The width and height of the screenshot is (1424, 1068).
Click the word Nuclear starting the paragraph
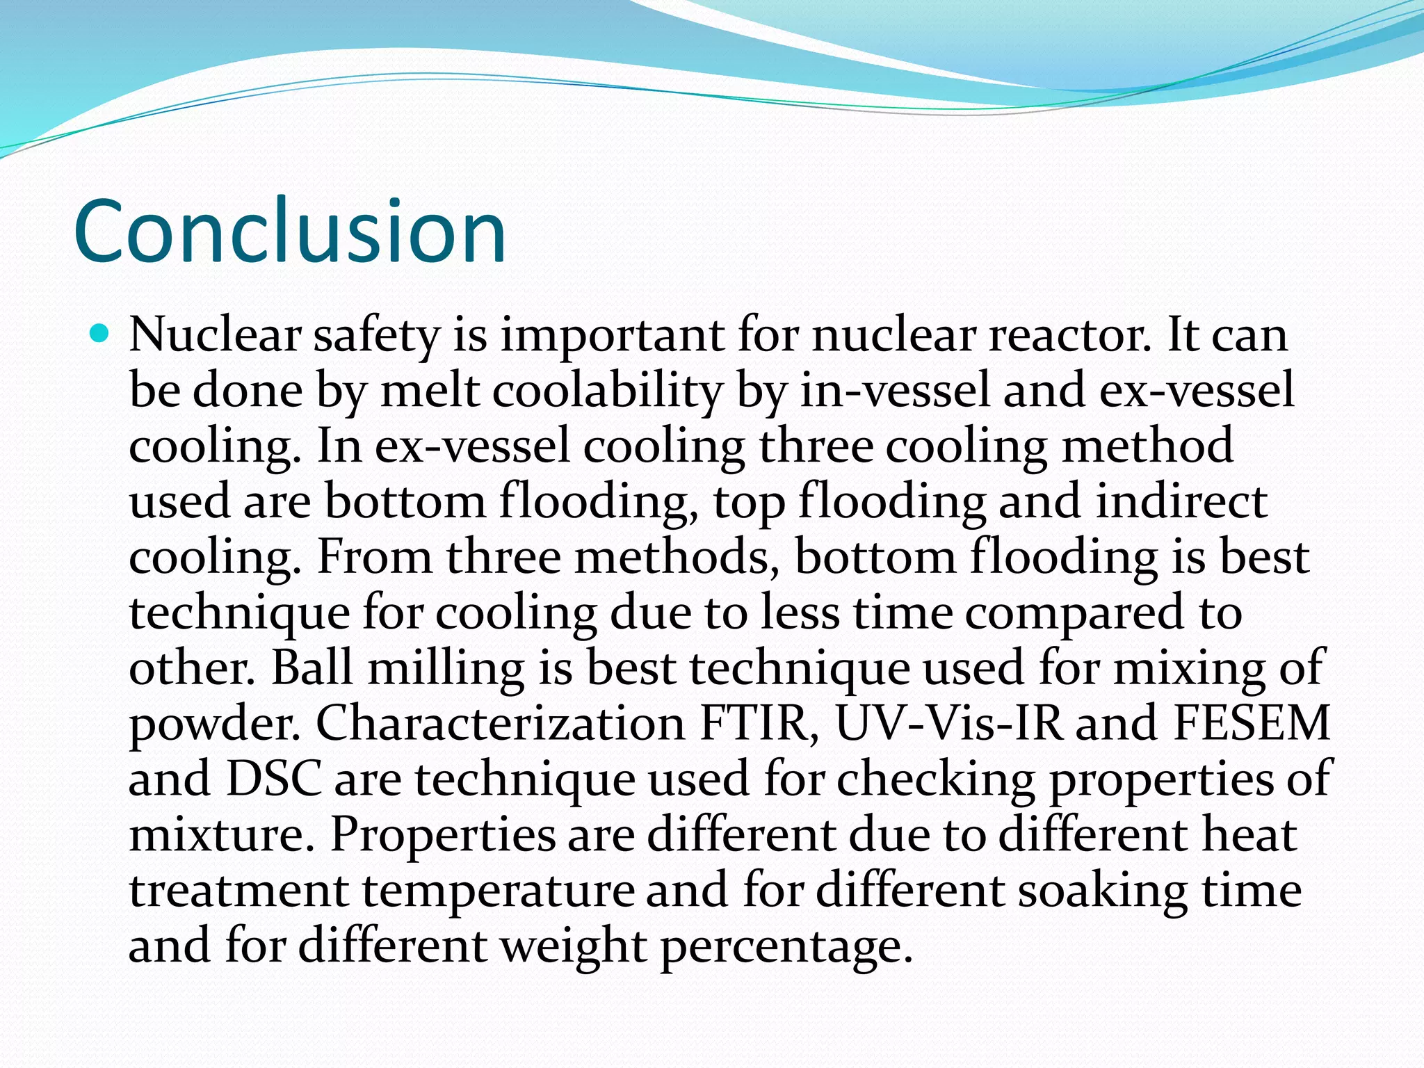[214, 334]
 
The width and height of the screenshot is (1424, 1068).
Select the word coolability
[608, 390]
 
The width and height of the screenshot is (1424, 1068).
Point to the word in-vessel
[894, 390]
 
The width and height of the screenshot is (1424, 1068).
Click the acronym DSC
[274, 779]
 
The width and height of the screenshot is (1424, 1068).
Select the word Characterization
[501, 723]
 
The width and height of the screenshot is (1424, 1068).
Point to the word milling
[445, 669]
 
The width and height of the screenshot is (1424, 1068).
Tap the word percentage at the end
[786, 947]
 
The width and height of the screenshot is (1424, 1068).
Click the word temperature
[498, 891]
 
